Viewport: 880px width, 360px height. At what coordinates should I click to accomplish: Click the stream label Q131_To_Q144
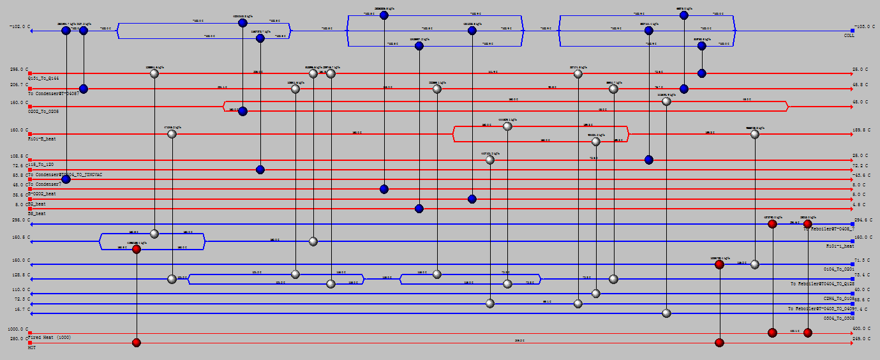coord(44,77)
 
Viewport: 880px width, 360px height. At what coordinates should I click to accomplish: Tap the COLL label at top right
coord(849,36)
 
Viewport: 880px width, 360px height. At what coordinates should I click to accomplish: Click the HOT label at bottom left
coord(32,347)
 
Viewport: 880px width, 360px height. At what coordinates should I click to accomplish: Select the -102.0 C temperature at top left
coord(19,27)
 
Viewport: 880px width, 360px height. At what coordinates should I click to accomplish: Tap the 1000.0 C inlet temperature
coord(15,329)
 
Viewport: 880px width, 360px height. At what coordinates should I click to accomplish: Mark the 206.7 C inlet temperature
coord(17,84)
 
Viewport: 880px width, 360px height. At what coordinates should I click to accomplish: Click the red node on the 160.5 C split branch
coord(136,249)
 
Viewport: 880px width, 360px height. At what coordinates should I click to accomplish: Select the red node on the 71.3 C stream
coord(719,264)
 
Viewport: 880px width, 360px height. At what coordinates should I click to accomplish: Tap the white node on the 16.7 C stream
coord(666,313)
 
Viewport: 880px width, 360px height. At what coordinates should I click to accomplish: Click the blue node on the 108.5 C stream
coord(648,160)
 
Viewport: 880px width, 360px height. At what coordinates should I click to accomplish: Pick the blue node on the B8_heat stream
coord(419,209)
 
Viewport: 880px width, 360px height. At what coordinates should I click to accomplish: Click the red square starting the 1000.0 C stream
coord(30,333)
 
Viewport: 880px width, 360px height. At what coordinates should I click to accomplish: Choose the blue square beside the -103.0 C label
coord(852,30)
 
